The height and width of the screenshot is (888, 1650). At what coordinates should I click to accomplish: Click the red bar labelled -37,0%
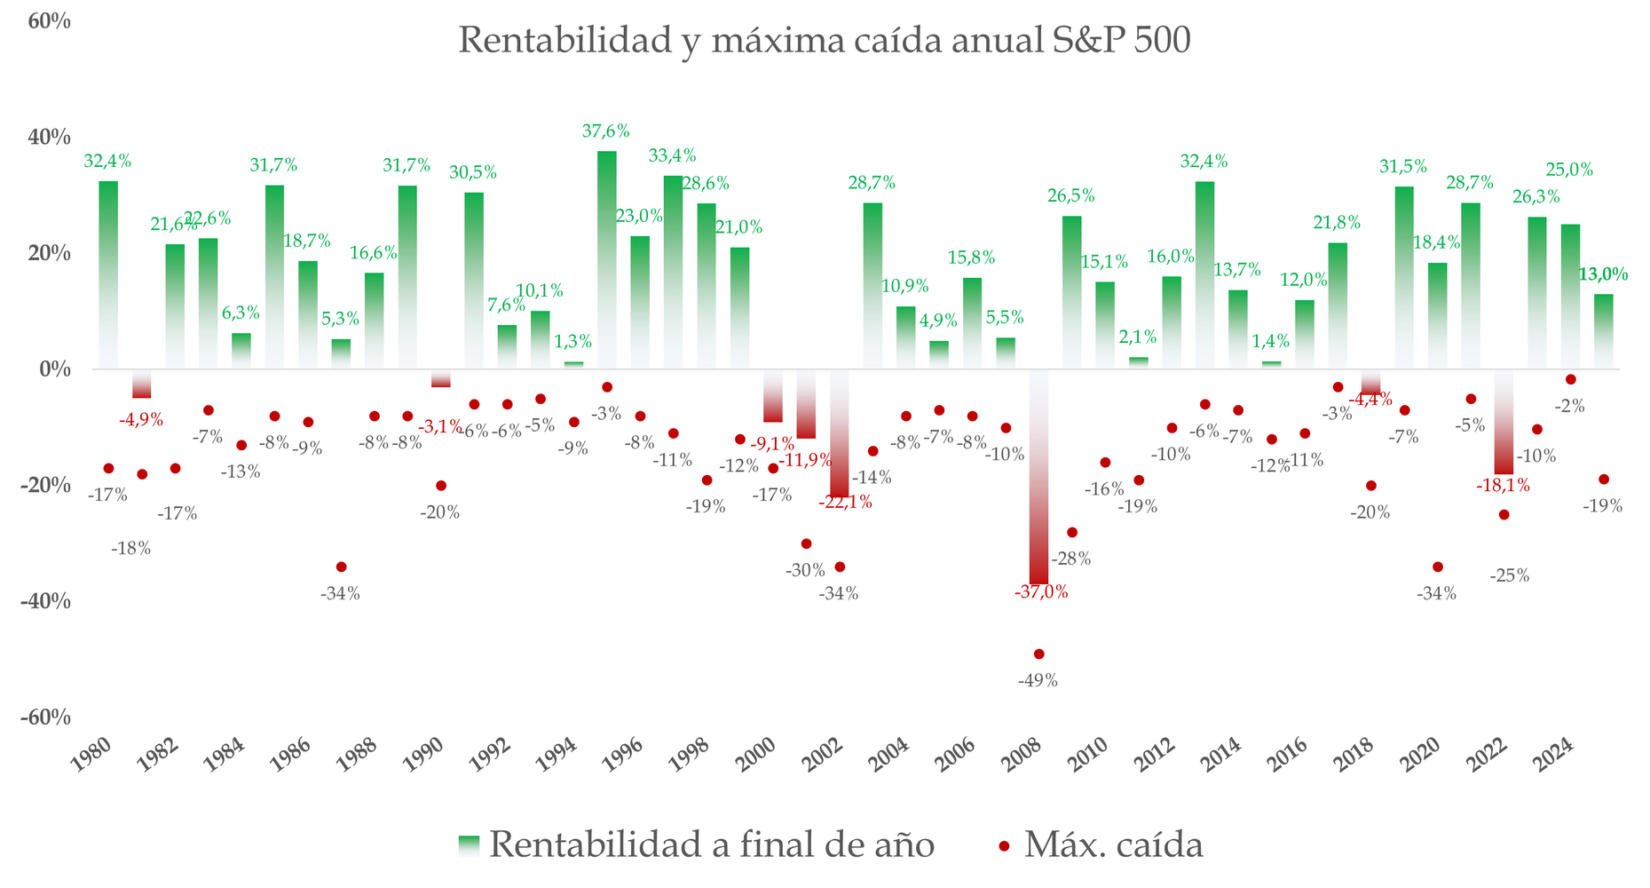(x=1038, y=480)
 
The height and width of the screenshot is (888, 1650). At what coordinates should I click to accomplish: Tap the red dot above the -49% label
(x=1039, y=654)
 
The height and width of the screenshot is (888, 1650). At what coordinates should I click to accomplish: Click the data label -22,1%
(x=845, y=503)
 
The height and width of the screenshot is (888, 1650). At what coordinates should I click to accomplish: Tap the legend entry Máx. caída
(x=1113, y=844)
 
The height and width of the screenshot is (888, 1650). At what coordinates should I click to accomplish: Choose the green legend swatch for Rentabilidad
(x=469, y=845)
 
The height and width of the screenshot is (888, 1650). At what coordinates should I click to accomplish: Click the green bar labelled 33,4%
(x=674, y=272)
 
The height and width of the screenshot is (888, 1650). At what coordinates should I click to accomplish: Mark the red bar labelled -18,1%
(x=1504, y=423)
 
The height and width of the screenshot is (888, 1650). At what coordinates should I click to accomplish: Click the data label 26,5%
(x=1071, y=196)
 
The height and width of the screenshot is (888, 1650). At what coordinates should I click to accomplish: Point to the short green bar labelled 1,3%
(x=574, y=365)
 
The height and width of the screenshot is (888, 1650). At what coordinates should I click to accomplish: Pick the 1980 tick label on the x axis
(x=92, y=758)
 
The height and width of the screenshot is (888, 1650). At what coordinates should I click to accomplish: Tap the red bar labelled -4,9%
(x=142, y=384)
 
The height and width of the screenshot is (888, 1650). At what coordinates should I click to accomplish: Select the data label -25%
(x=1509, y=575)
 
